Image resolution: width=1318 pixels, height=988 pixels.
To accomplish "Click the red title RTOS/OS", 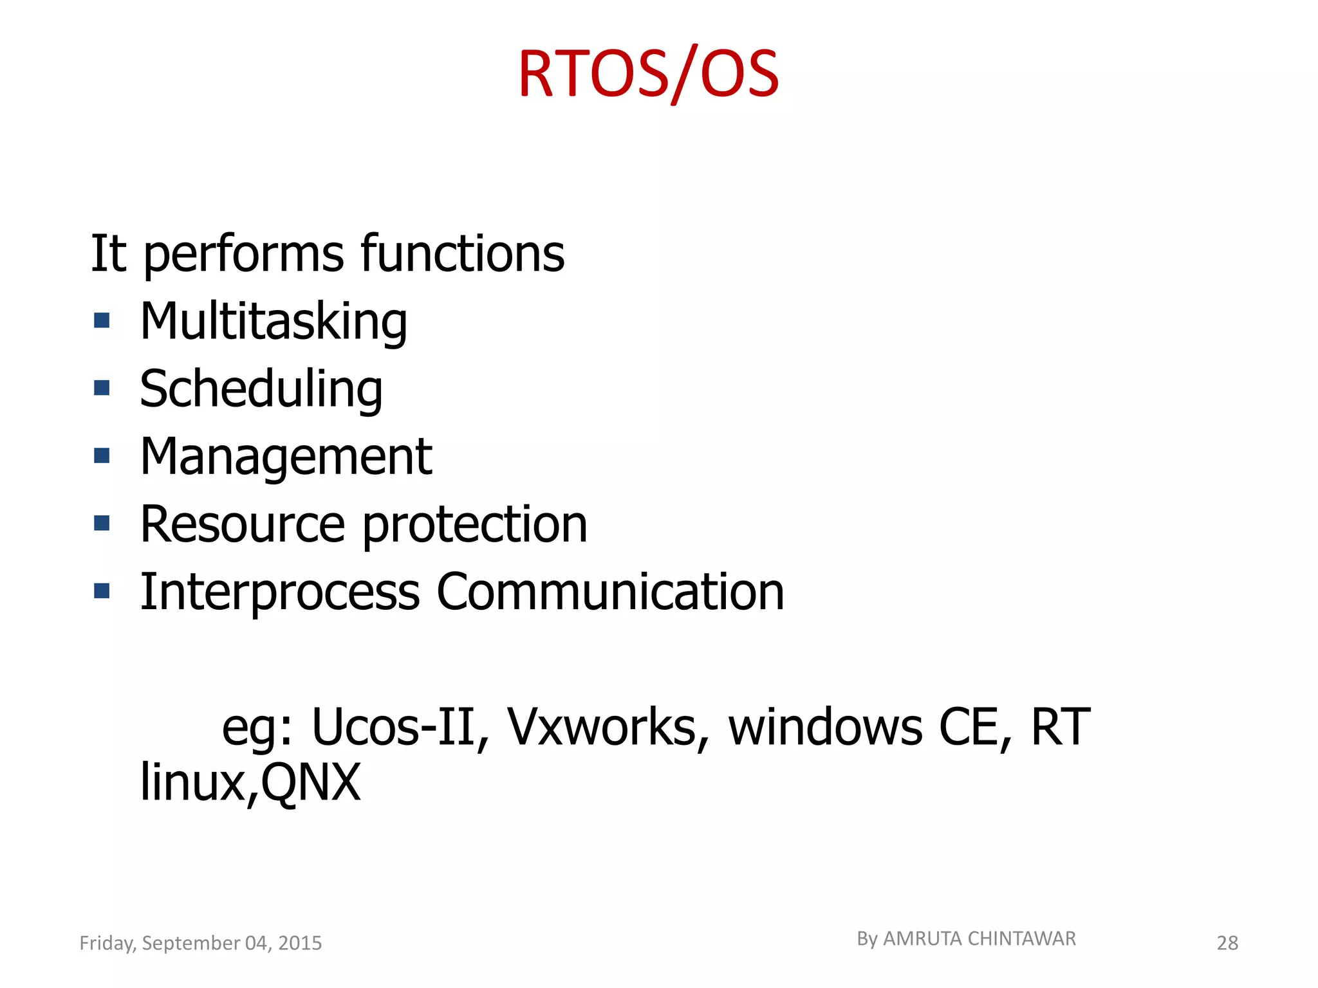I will (648, 75).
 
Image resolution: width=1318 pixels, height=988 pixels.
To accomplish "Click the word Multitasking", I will (274, 321).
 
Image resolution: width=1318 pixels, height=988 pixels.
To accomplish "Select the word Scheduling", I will (261, 389).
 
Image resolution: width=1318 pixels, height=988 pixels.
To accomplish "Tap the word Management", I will (286, 457).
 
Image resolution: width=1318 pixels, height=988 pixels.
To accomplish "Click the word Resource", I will (243, 524).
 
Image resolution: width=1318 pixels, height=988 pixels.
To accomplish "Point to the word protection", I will (475, 524).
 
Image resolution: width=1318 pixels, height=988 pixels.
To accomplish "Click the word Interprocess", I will (280, 592).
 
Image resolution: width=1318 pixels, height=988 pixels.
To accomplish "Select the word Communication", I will (610, 592).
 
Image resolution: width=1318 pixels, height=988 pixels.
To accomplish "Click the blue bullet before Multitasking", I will (102, 320).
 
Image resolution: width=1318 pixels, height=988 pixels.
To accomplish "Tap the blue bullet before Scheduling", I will (102, 388).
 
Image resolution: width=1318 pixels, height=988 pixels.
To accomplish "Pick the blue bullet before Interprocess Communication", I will (102, 590).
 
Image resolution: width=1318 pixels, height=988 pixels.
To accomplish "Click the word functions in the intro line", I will (462, 253).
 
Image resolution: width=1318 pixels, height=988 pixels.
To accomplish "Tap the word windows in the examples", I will (825, 727).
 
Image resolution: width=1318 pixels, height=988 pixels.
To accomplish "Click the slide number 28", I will (1227, 943).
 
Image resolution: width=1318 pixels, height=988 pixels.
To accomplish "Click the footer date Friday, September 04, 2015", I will (200, 943).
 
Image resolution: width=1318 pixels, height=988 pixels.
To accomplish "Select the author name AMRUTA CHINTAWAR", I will (979, 939).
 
